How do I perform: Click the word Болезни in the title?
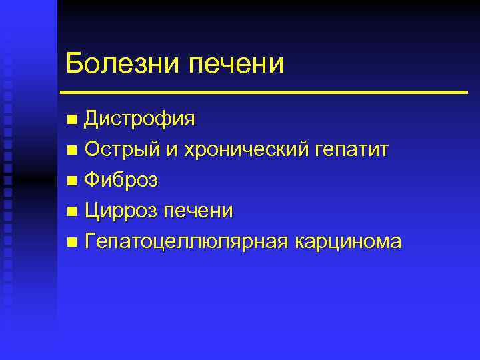point(123,63)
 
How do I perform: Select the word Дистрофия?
point(140,120)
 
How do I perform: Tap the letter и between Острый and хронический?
point(171,151)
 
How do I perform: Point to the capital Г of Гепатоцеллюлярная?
point(91,241)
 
